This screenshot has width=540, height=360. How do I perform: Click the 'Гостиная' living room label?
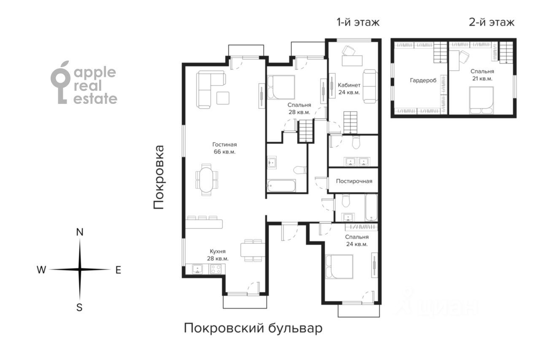[x=224, y=145]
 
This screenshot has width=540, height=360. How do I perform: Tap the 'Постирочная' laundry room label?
[x=354, y=181]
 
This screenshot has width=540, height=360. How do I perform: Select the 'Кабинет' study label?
[x=349, y=85]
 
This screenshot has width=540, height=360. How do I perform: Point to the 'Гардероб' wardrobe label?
[x=423, y=81]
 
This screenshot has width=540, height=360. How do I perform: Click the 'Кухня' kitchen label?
[x=218, y=252]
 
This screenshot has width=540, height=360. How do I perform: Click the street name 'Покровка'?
[x=159, y=177]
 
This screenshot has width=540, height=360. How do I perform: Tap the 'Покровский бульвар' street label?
[x=253, y=328]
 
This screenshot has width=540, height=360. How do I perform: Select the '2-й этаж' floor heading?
[x=491, y=22]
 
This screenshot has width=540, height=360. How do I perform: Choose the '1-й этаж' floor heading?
[x=358, y=22]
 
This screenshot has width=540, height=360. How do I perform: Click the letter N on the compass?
[x=80, y=232]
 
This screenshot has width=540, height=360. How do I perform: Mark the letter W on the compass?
[x=41, y=270]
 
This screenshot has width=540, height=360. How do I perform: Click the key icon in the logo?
[x=60, y=82]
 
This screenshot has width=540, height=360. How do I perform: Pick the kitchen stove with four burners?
[x=216, y=269]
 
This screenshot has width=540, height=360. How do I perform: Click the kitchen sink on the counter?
[x=197, y=269]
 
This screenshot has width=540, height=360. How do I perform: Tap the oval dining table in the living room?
[x=206, y=180]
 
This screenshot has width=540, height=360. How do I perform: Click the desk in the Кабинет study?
[x=352, y=60]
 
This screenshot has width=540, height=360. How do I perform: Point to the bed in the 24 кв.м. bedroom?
[x=339, y=267]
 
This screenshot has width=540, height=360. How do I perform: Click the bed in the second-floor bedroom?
[x=481, y=100]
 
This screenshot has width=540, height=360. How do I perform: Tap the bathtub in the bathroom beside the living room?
[x=281, y=186]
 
